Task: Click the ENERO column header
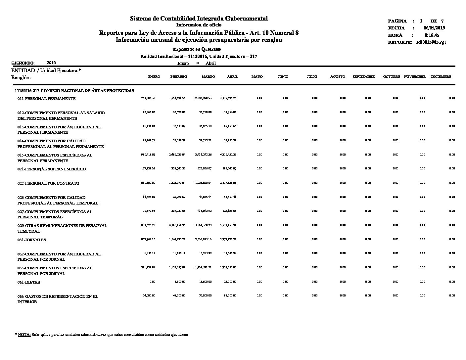pyautogui.click(x=154, y=77)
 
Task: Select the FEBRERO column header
pyautogui.click(x=179, y=77)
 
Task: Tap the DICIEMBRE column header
pyautogui.click(x=441, y=77)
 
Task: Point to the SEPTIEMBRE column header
pyautogui.click(x=364, y=77)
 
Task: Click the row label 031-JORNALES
pyautogui.click(x=32, y=240)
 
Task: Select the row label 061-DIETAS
pyautogui.click(x=29, y=282)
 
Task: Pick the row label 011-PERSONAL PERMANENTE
pyautogui.click(x=46, y=99)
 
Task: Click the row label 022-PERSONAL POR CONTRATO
pyautogui.click(x=48, y=183)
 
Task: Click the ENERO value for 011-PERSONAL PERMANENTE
pyautogui.click(x=148, y=98)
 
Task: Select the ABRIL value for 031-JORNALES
pyautogui.click(x=228, y=239)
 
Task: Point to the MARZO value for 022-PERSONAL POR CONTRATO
pyautogui.click(x=203, y=183)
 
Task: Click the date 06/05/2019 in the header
pyautogui.click(x=434, y=28)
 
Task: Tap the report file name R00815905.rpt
pyautogui.click(x=431, y=42)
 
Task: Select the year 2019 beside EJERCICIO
pyautogui.click(x=51, y=63)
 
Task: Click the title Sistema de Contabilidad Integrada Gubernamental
pyautogui.click(x=199, y=19)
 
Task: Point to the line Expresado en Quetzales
pyautogui.click(x=199, y=49)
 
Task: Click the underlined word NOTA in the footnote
pyautogui.click(x=24, y=335)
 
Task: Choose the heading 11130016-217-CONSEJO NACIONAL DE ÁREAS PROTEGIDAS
pyautogui.click(x=74, y=91)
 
